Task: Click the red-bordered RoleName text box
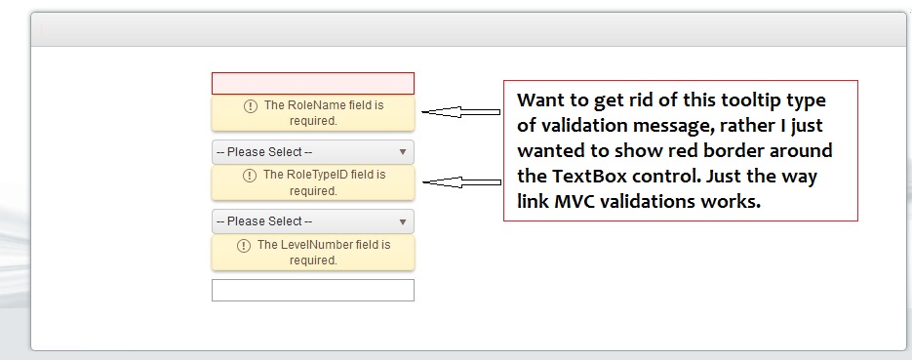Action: click(313, 83)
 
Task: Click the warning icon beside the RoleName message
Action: click(250, 105)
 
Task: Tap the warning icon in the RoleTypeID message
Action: click(250, 175)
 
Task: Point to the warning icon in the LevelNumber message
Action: click(244, 246)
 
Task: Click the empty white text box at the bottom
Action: click(313, 290)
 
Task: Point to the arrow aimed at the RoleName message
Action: click(460, 111)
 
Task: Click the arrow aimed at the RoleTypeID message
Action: click(461, 182)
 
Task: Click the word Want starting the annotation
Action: click(542, 100)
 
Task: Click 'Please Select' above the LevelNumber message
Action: click(264, 221)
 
